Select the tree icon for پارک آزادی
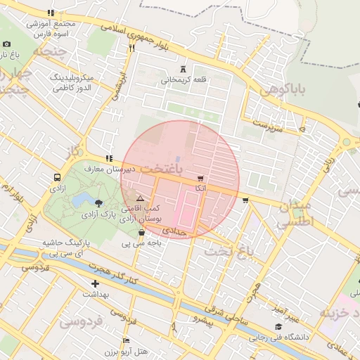(98, 203)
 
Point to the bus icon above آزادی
(56, 178)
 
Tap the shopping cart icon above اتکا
(201, 179)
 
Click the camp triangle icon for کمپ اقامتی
(140, 199)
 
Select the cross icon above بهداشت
(95, 284)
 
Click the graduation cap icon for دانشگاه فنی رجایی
(278, 327)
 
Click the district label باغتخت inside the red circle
(160, 169)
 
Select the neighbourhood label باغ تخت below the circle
(227, 250)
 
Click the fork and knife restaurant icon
(131, 49)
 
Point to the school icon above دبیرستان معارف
(108, 159)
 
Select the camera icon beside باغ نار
(7, 44)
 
